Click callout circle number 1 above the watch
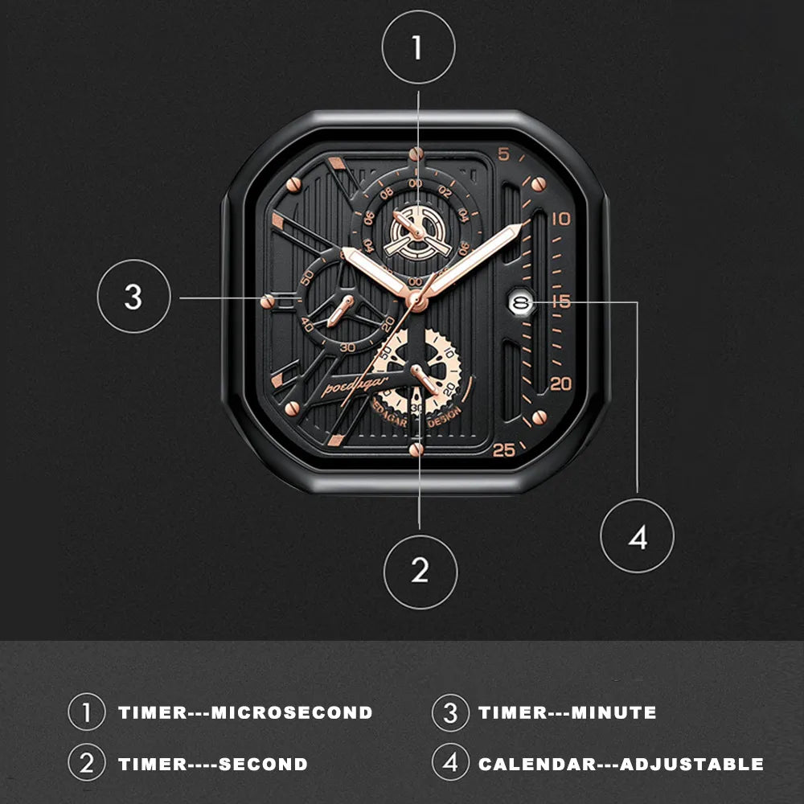418,47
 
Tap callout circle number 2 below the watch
420,571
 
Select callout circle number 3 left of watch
133,297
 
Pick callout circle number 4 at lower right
638,536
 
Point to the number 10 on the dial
561,219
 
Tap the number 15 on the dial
561,301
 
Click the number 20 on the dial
560,384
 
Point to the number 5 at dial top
503,154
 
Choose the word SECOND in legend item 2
263,764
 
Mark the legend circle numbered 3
449,712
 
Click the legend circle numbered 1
87,712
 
